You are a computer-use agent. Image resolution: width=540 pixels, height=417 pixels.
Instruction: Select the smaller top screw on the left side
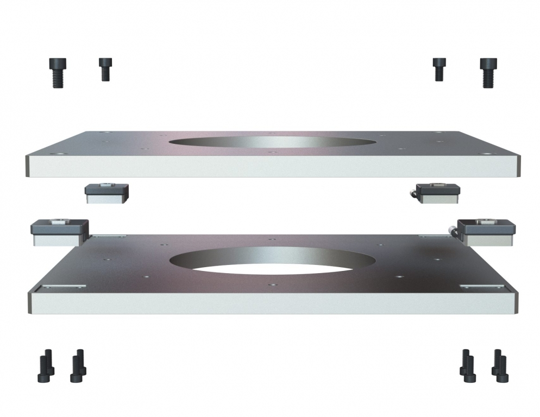(105, 69)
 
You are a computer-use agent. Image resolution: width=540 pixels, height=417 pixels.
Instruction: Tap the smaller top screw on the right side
(438, 69)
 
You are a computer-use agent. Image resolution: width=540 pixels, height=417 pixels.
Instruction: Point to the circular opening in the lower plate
(272, 262)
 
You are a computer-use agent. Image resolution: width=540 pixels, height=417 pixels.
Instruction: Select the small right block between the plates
(438, 193)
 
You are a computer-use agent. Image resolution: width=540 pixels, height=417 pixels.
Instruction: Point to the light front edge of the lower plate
(272, 304)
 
